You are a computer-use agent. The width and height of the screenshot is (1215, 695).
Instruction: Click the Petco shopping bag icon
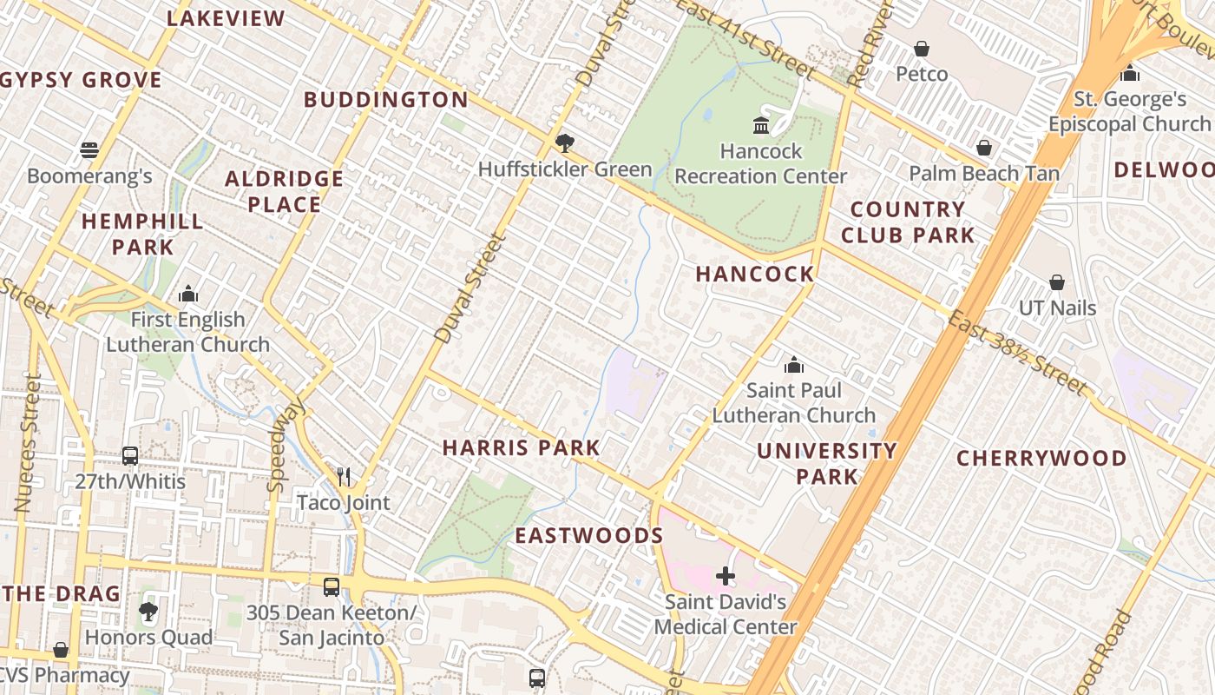click(x=921, y=49)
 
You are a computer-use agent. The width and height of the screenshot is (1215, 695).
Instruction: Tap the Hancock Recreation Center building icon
click(x=761, y=126)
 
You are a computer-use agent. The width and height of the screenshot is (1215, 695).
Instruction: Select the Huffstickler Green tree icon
click(x=565, y=142)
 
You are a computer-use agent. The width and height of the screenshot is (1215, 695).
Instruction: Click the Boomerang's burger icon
click(x=89, y=150)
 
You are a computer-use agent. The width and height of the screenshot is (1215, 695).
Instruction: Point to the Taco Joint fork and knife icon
click(x=344, y=476)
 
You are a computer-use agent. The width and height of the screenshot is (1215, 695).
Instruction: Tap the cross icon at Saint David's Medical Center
click(x=726, y=575)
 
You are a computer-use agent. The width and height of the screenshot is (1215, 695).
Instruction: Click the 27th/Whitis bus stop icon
click(x=130, y=455)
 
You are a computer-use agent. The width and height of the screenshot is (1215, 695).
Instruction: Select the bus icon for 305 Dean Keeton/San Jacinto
click(x=332, y=586)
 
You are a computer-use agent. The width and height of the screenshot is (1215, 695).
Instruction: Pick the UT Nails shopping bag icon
click(x=1056, y=282)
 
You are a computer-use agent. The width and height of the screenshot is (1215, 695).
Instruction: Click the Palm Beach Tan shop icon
click(x=983, y=148)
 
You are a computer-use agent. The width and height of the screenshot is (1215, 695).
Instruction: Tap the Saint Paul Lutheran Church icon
click(x=793, y=365)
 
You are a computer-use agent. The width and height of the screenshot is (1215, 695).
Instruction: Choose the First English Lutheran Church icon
click(x=188, y=295)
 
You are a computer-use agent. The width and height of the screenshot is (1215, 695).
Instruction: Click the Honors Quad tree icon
click(x=148, y=611)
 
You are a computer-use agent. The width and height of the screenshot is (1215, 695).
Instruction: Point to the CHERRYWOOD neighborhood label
click(x=1041, y=458)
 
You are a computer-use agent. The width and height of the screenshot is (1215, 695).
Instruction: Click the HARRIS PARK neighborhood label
click(x=521, y=448)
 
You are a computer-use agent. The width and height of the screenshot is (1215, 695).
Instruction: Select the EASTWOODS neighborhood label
click(x=589, y=535)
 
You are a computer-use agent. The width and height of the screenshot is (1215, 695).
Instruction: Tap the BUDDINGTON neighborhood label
click(x=386, y=100)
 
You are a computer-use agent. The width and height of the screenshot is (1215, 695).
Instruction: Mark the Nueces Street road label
click(x=28, y=443)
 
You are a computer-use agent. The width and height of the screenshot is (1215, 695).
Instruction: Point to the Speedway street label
click(x=286, y=445)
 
